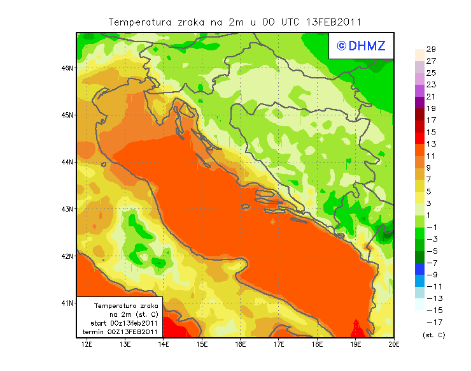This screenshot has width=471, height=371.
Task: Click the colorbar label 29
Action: point(431,49)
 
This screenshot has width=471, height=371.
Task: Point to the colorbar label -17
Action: point(430,323)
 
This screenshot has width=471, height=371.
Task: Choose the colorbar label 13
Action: point(431,144)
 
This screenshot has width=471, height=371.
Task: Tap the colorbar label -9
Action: point(431,275)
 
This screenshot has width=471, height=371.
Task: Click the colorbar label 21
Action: point(431,97)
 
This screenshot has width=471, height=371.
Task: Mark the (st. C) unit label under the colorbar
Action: point(433,335)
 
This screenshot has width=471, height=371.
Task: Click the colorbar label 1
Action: point(431,215)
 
